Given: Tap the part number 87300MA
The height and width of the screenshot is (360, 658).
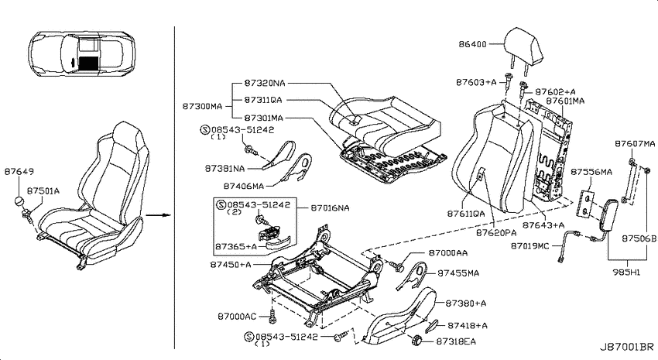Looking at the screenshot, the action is click(x=202, y=107).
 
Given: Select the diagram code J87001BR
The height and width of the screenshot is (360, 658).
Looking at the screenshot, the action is click(x=626, y=348).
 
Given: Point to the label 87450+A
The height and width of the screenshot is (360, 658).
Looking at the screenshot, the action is click(x=231, y=265).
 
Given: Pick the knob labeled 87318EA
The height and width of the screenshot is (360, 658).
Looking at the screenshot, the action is click(x=416, y=340).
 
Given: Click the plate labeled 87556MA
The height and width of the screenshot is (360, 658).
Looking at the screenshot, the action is click(x=587, y=204).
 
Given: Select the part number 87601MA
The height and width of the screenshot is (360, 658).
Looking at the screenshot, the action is click(x=565, y=101).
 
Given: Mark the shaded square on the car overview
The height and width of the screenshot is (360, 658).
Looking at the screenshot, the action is click(x=87, y=62).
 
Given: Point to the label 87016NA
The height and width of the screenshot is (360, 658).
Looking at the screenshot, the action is click(x=330, y=208).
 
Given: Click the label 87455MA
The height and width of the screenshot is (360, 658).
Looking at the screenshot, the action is click(x=458, y=273).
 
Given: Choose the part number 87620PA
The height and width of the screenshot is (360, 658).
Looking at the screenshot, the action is click(x=496, y=233).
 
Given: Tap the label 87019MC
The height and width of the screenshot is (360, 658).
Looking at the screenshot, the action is click(x=529, y=246).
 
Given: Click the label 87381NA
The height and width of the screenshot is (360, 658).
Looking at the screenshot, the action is click(x=224, y=168).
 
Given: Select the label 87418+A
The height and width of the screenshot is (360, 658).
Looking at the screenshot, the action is click(x=468, y=325).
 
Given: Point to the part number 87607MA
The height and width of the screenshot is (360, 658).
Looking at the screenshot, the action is click(x=635, y=144).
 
